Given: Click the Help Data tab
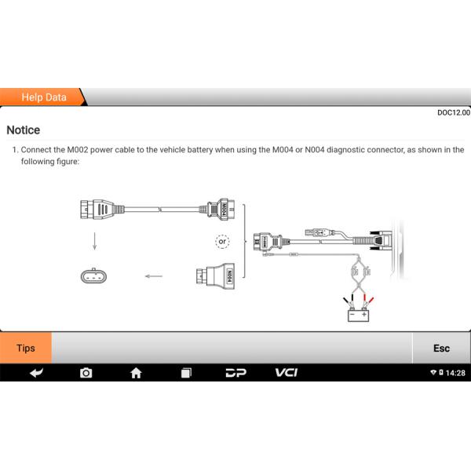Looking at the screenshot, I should (43, 97).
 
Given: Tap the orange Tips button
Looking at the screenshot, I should (26, 348).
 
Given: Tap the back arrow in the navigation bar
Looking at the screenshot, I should (36, 372).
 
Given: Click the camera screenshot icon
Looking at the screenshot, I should (86, 372).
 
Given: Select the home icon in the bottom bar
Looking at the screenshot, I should (136, 372).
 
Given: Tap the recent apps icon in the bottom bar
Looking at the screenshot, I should (185, 372).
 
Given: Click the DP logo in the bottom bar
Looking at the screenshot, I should (235, 372).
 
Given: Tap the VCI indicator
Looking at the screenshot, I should (286, 372).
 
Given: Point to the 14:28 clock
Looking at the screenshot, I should (455, 372).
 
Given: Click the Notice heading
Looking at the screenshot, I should (24, 130).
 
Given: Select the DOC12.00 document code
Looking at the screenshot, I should (453, 113).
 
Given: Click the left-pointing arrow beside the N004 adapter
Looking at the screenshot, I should (153, 276).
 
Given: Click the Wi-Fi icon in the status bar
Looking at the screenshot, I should (433, 372).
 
